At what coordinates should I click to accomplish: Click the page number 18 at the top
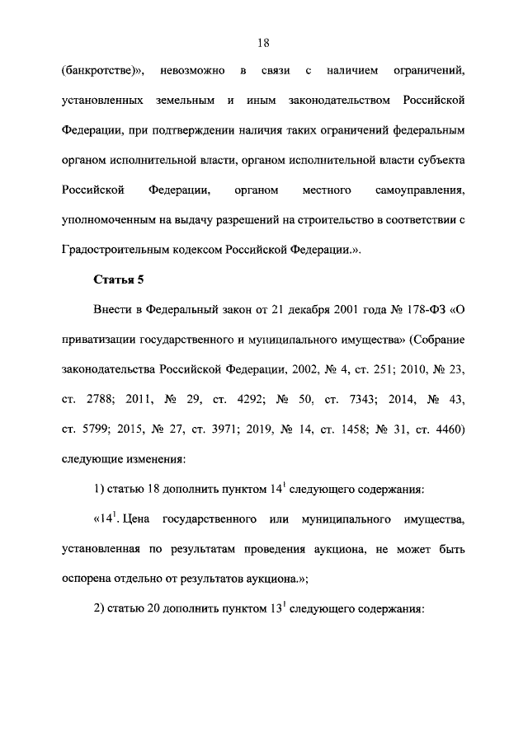264,40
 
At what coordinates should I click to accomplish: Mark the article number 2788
99,400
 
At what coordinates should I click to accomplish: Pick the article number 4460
450,429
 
